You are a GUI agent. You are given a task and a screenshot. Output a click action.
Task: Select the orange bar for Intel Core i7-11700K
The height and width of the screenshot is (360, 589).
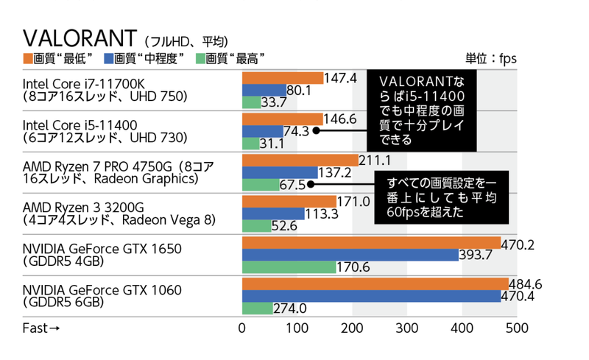click(x=283, y=78)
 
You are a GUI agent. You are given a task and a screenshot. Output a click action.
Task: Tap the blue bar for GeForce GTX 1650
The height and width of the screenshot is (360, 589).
click(x=350, y=255)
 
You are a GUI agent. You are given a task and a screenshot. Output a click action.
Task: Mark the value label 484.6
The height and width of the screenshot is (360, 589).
click(x=525, y=283)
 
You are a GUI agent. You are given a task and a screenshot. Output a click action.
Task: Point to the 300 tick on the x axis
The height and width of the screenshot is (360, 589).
click(x=406, y=328)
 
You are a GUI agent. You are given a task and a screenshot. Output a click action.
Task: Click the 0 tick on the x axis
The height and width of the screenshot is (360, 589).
click(x=242, y=328)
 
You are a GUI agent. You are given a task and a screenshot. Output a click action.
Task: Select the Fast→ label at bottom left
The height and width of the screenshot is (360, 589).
click(x=41, y=328)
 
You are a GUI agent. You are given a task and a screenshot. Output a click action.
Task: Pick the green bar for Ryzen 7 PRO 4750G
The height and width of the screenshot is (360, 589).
click(x=261, y=184)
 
